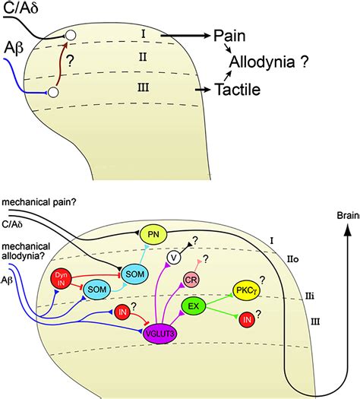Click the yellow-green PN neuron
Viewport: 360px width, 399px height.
click(153, 234)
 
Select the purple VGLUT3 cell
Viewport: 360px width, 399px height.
click(160, 333)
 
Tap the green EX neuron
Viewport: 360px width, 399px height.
click(194, 306)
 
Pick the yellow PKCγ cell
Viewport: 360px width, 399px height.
click(246, 290)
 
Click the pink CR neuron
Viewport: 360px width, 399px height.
click(191, 280)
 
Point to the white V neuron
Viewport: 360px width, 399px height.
click(174, 258)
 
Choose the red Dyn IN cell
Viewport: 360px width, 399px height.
click(61, 279)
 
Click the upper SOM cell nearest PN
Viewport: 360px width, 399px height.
click(134, 274)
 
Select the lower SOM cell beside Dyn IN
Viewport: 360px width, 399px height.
click(97, 290)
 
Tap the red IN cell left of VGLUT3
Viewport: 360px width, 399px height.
click(122, 312)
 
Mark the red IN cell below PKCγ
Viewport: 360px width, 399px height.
click(247, 320)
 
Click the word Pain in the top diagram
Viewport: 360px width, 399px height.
click(229, 36)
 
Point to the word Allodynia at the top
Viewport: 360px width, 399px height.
click(262, 62)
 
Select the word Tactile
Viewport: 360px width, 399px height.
click(238, 90)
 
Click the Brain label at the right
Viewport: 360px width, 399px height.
click(349, 216)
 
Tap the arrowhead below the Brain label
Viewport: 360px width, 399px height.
click(348, 230)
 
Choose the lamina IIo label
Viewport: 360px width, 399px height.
click(293, 259)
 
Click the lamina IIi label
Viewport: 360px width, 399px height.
click(310, 296)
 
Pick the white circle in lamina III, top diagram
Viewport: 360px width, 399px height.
click(53, 92)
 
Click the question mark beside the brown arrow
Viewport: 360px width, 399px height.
click(71, 61)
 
